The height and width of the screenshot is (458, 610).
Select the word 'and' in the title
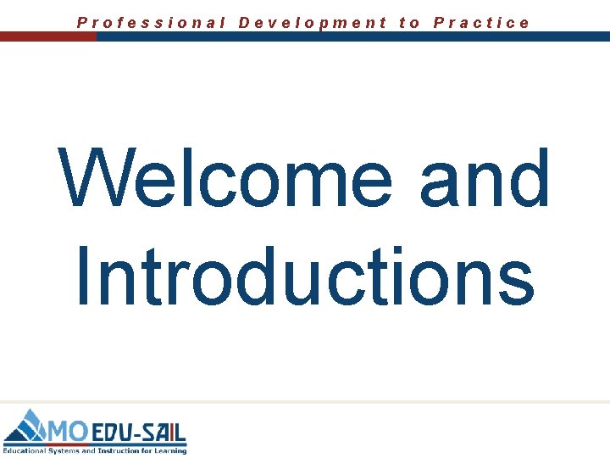click(485, 179)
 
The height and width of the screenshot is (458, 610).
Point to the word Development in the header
click(313, 23)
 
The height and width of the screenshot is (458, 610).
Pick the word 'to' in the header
click(410, 23)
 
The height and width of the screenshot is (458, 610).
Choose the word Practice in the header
click(481, 23)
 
